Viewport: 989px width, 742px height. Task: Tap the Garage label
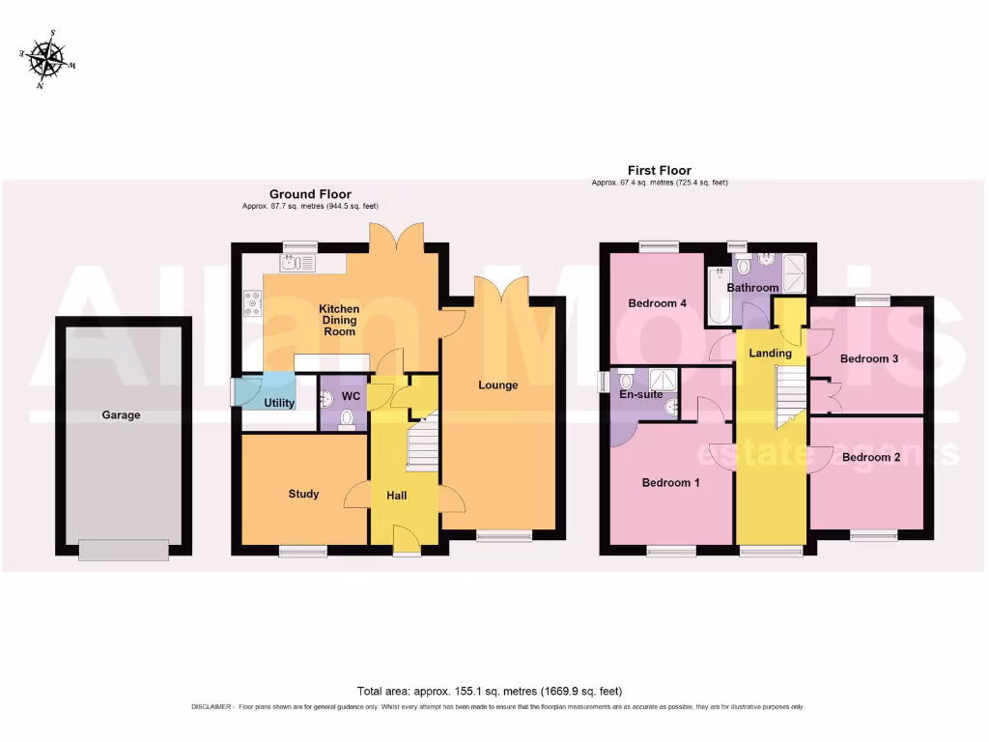(x=122, y=415)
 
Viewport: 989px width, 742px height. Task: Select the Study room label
(x=303, y=495)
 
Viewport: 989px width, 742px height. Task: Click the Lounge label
(x=498, y=385)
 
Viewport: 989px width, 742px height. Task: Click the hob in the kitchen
(x=253, y=304)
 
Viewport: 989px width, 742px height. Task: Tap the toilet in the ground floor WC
(x=347, y=418)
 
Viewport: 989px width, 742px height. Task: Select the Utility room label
(x=279, y=403)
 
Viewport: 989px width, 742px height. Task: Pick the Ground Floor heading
(x=310, y=194)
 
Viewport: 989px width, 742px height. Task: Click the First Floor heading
(x=660, y=171)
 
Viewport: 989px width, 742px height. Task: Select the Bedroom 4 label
(x=657, y=303)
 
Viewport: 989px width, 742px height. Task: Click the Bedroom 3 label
(x=869, y=359)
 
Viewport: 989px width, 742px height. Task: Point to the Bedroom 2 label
(x=870, y=457)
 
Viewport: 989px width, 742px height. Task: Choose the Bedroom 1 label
(x=670, y=483)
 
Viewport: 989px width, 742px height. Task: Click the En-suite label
(x=641, y=394)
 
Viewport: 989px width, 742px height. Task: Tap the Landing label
(x=770, y=354)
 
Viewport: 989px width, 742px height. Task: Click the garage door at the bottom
(x=124, y=549)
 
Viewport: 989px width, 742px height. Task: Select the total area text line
(x=490, y=691)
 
